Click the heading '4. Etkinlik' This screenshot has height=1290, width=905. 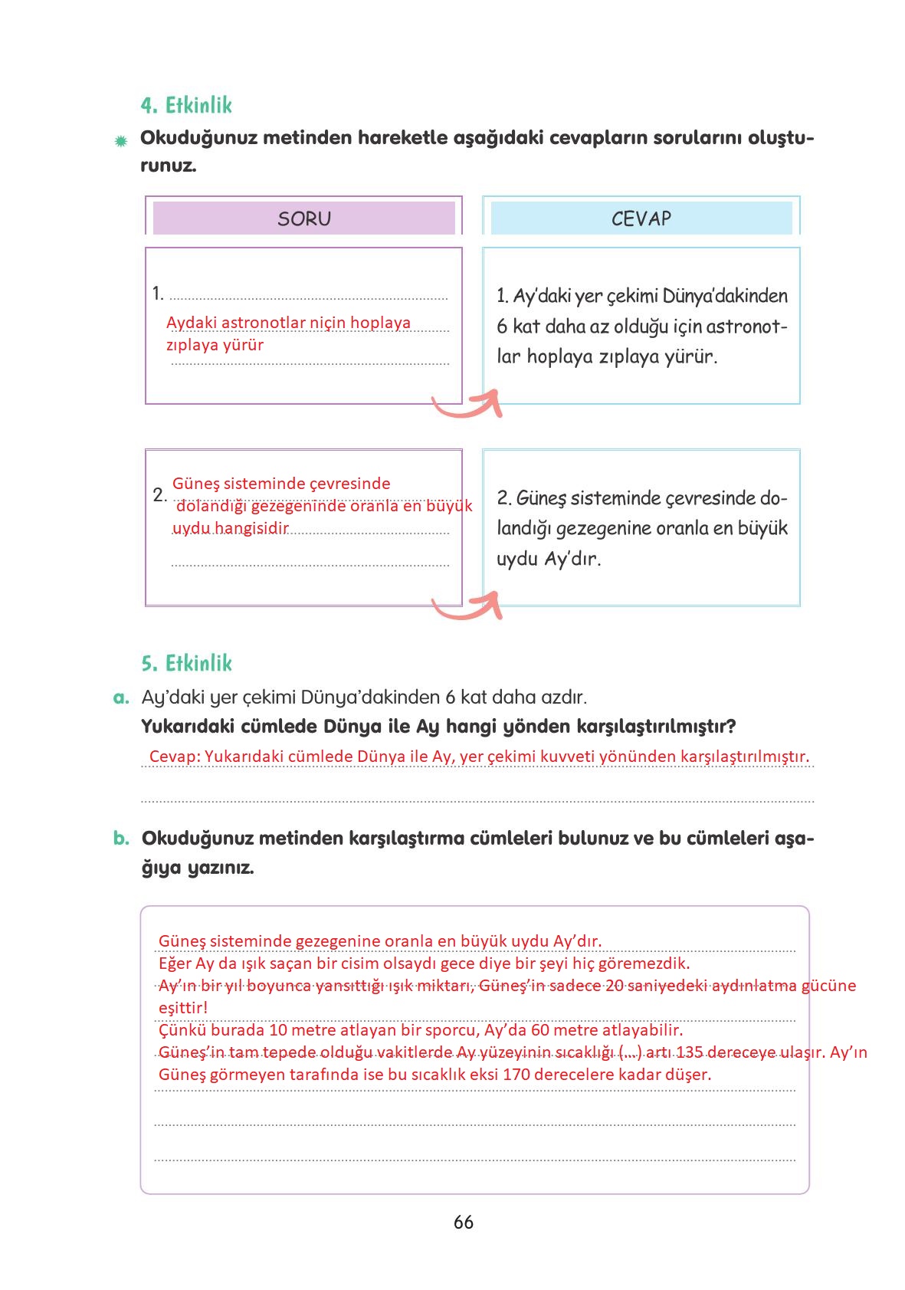click(186, 105)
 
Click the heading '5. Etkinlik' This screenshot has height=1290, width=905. click(186, 663)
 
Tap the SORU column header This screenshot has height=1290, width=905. click(304, 219)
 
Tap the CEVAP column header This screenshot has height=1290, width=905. click(641, 219)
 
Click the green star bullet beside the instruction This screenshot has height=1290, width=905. click(120, 141)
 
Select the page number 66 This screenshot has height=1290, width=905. click(463, 1223)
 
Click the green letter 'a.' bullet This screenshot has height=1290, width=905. click(120, 698)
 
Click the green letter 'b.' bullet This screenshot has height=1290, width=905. click(121, 839)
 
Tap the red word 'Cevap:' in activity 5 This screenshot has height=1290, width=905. click(175, 757)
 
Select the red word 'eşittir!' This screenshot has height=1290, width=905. click(183, 1007)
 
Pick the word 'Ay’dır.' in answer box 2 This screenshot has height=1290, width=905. click(572, 559)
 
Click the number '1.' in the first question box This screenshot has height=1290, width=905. click(158, 294)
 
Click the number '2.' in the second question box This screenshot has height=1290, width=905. click(159, 494)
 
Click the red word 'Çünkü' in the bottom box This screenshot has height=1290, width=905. click(182, 1029)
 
